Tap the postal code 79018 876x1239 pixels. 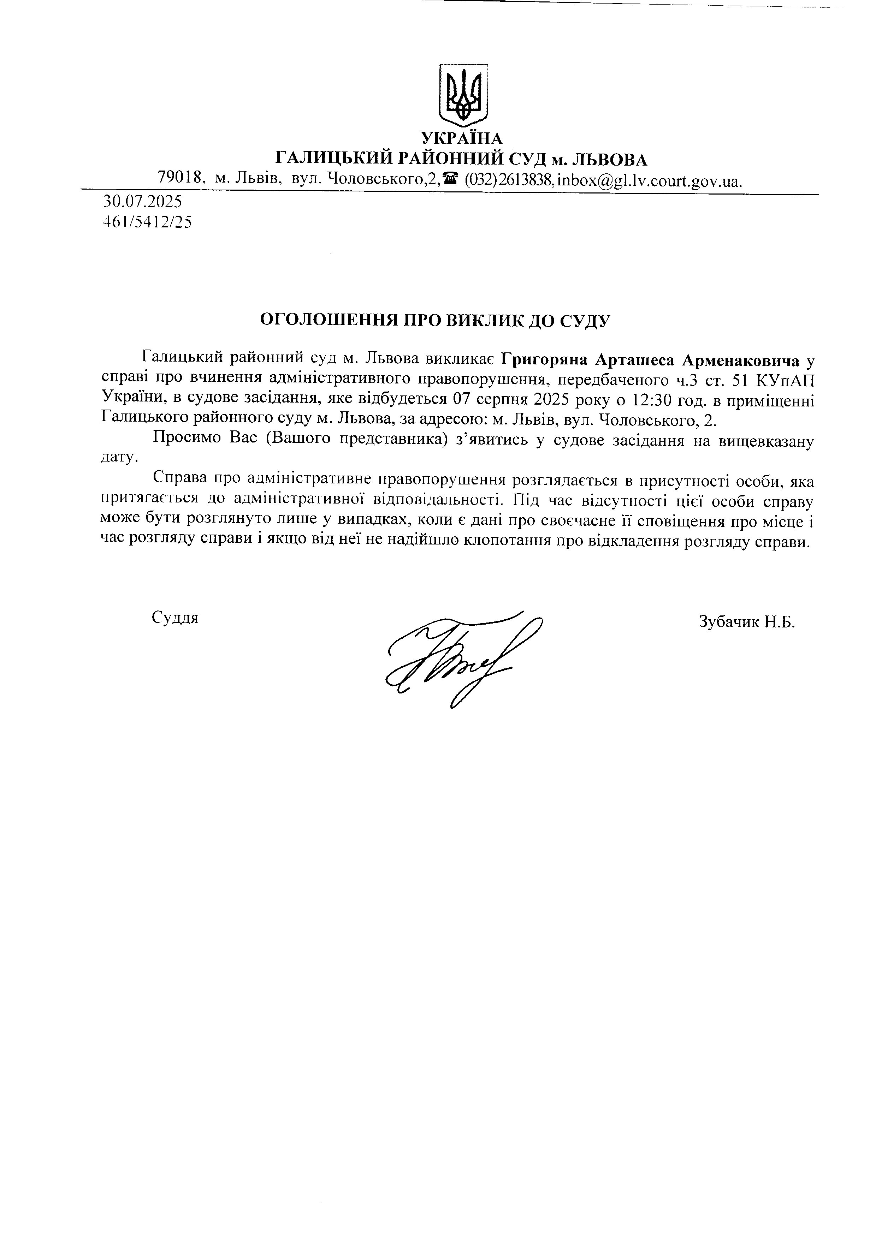pyautogui.click(x=180, y=177)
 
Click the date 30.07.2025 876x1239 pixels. pyautogui.click(x=142, y=202)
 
